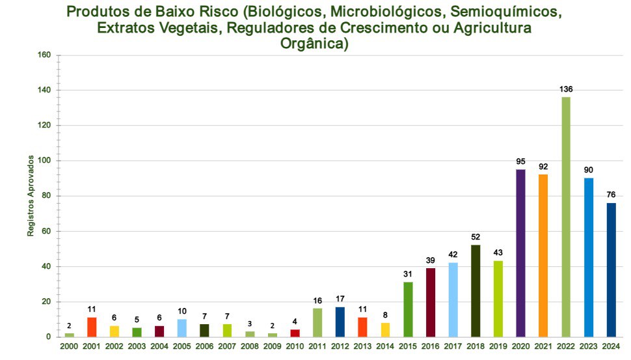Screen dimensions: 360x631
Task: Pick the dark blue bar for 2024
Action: point(611,270)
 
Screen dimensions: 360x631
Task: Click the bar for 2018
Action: point(476,290)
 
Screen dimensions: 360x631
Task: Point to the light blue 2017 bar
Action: point(453,299)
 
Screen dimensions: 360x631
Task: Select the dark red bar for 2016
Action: point(431,302)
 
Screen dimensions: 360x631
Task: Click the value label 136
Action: point(566,89)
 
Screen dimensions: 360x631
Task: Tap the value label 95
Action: point(520,161)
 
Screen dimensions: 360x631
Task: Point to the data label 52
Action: point(476,238)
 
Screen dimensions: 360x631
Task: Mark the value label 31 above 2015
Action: point(408,274)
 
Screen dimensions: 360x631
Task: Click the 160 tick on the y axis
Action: point(44,55)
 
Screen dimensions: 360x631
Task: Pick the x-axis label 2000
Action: point(69,346)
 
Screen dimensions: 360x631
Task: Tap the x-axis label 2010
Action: point(295,346)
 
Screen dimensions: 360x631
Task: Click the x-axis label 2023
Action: point(589,346)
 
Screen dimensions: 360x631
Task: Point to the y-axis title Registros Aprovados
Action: point(31,196)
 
